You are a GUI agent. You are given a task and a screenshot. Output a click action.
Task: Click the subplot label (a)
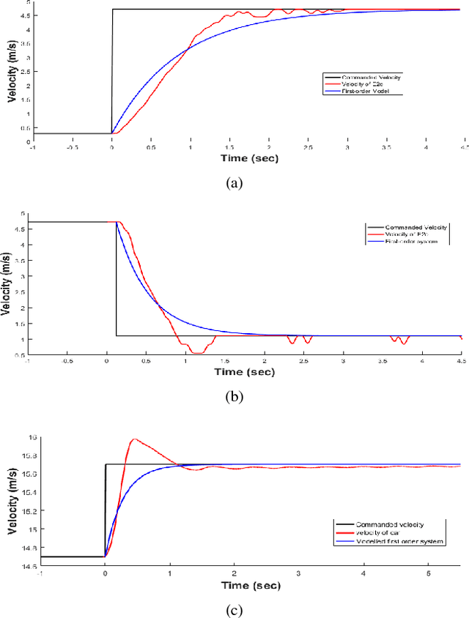tap(234, 184)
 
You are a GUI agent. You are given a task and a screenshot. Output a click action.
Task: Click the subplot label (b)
tap(234, 397)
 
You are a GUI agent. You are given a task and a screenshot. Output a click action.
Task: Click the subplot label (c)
tap(234, 609)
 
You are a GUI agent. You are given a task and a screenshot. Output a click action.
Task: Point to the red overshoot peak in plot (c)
tap(134, 439)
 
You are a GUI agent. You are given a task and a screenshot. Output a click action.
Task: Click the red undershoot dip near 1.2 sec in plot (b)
tap(196, 352)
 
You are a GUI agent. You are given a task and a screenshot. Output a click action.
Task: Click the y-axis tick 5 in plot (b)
tap(23, 214)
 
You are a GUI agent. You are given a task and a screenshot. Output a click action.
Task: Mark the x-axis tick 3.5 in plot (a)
tap(387, 146)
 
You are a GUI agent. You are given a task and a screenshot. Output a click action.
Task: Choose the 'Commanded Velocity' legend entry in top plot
tap(371, 76)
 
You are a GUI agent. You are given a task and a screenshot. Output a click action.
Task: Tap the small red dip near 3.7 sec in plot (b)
tap(399, 340)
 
